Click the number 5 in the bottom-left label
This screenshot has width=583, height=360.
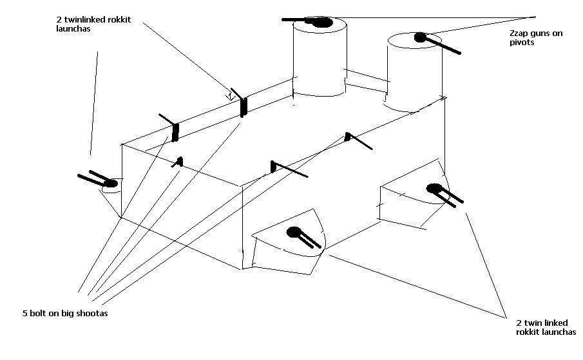(24, 314)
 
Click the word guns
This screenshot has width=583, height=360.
(536, 33)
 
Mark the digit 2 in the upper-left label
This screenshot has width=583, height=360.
(59, 20)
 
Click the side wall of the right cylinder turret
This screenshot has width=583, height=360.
(416, 77)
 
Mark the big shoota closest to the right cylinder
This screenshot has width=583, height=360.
(355, 139)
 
